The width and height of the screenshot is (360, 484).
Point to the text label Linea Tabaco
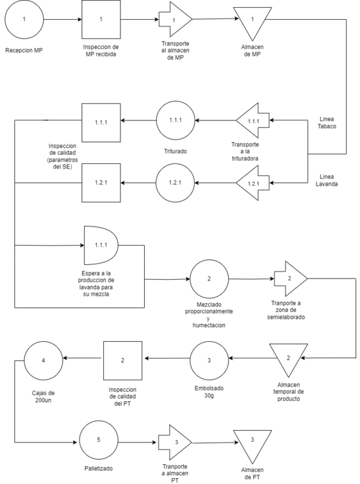point(327,122)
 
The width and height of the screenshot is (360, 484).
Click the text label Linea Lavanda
point(327,181)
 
